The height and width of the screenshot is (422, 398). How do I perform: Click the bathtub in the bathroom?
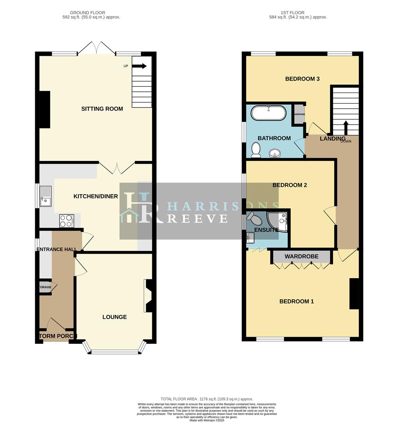[x=269, y=113]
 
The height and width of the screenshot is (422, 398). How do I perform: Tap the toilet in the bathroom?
[x=256, y=150]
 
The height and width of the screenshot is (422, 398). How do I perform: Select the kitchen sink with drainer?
[x=45, y=197]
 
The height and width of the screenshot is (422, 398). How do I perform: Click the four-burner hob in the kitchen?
[x=66, y=221]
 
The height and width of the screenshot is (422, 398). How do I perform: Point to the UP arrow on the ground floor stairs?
[x=139, y=66]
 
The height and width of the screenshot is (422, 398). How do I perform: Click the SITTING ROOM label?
[x=102, y=109]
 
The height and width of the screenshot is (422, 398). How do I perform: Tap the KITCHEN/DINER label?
[x=96, y=196]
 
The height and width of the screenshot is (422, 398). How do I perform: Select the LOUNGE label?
[x=114, y=317]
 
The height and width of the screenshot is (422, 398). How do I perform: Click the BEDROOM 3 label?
[x=302, y=79]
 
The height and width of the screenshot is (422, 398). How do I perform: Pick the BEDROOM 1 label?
[x=296, y=301]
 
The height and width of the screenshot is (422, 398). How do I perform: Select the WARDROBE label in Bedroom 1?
[x=301, y=257]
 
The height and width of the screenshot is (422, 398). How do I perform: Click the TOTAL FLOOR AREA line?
[x=199, y=399]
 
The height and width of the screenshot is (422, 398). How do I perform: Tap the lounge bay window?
[x=114, y=352]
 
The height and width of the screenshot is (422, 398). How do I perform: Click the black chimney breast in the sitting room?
[x=45, y=109]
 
